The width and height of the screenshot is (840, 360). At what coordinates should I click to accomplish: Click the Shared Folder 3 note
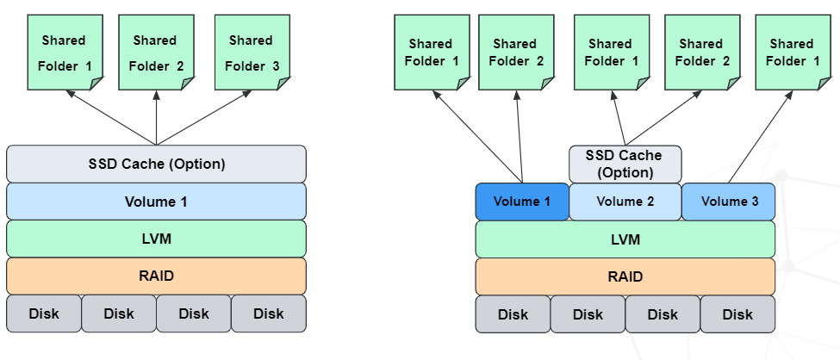click(x=251, y=52)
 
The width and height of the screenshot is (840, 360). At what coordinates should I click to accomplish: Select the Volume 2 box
click(x=625, y=202)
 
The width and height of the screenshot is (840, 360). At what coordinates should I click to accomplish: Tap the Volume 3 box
click(x=729, y=202)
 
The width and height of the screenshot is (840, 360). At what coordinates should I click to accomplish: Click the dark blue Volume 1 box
click(x=522, y=202)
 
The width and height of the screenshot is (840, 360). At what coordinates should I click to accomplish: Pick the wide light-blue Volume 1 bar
click(x=156, y=202)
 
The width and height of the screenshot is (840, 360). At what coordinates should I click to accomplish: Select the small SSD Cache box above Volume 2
click(x=625, y=163)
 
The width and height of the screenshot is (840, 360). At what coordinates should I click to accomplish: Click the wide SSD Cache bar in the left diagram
click(x=156, y=164)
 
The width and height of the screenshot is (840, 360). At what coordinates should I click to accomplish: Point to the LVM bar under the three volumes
click(x=625, y=239)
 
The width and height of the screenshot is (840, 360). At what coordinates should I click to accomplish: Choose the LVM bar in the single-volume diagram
click(x=156, y=239)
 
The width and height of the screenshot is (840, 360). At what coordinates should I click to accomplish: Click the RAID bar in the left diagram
click(x=156, y=276)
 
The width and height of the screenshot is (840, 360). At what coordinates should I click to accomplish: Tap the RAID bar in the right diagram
click(x=625, y=276)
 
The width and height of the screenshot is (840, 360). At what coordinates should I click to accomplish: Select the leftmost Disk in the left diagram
click(x=44, y=313)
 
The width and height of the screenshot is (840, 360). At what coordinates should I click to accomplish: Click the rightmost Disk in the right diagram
click(x=737, y=314)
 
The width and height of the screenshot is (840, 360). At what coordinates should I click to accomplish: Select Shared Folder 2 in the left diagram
click(x=155, y=52)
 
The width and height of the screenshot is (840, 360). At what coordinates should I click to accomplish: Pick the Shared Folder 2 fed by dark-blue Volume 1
click(x=516, y=52)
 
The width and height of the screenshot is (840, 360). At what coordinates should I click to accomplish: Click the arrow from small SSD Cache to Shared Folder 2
click(x=662, y=118)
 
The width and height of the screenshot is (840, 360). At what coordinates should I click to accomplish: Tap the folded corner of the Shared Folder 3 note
click(x=281, y=82)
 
